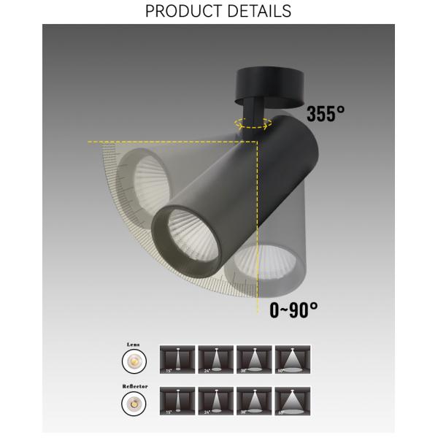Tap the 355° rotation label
click(325, 115)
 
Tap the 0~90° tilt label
click(293, 310)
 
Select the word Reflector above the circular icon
click(134, 385)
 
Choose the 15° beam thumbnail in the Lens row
click(177, 360)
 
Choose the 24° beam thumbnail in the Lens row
click(215, 360)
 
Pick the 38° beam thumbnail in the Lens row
click(253, 360)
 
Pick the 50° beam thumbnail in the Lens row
click(292, 360)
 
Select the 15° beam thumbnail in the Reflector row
click(177, 401)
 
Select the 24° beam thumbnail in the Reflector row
click(215, 401)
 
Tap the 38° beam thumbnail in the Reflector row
click(253, 401)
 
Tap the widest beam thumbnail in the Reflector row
click(292, 401)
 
